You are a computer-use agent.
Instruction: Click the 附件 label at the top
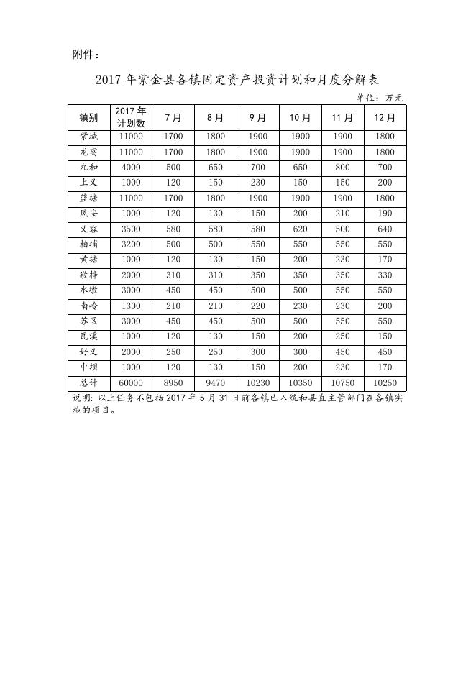[86, 55]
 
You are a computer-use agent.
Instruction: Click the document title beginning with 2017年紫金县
[237, 79]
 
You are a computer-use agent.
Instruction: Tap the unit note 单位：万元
[380, 98]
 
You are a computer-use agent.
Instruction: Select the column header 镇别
[88, 117]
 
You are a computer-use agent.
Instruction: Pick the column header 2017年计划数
[131, 117]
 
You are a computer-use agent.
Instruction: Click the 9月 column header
[257, 117]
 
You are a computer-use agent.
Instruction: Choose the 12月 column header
[385, 117]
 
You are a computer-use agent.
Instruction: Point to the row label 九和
[88, 168]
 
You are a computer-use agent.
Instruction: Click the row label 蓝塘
[88, 198]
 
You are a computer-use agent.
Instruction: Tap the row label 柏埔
[88, 244]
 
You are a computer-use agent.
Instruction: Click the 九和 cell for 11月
[342, 168]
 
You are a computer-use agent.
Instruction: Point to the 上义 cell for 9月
[257, 183]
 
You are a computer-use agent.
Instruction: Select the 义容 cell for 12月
[385, 229]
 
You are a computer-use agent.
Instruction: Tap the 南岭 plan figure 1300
[131, 306]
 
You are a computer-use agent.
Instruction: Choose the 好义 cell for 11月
[342, 352]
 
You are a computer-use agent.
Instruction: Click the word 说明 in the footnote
[81, 398]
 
